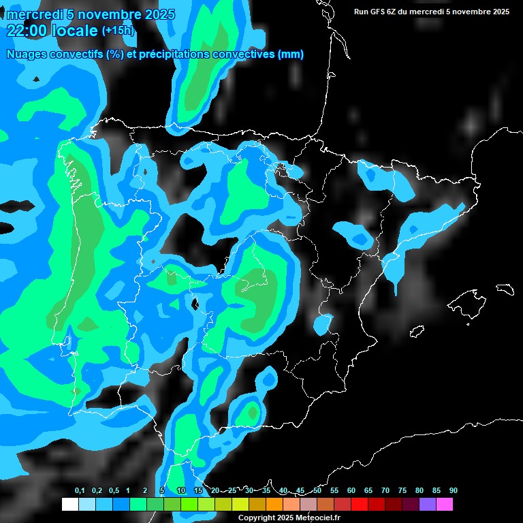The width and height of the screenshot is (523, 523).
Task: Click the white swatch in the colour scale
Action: [69, 505]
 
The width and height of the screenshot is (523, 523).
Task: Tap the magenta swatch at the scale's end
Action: [445, 505]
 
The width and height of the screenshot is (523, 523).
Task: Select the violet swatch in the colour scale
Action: [428, 505]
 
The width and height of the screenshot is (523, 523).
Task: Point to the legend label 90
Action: [454, 490]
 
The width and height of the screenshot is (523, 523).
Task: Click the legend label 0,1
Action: [80, 490]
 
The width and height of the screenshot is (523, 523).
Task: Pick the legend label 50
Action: [317, 490]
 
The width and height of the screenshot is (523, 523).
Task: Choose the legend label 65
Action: [368, 490]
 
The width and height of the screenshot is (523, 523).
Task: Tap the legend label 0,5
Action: [114, 490]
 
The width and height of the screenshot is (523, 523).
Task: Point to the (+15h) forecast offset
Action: [118, 30]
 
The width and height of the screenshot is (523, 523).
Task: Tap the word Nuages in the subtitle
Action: [25, 54]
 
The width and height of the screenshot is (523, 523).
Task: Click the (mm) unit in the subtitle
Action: [290, 54]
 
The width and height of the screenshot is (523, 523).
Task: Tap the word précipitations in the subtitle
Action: [173, 54]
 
